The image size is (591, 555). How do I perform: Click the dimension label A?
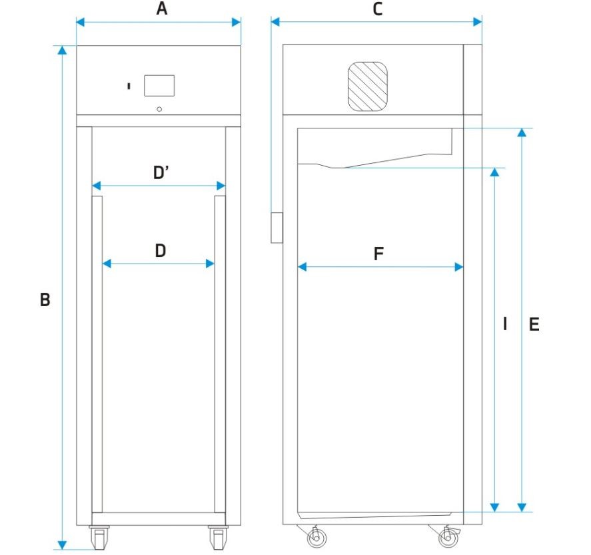tap(162, 8)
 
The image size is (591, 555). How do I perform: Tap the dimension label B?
tap(45, 299)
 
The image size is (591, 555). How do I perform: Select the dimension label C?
tap(377, 9)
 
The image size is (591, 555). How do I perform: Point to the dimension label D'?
tap(161, 172)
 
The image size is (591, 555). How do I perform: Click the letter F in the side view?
tap(378, 254)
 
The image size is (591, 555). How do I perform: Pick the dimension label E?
tap(534, 324)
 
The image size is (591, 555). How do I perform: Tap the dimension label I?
tap(505, 323)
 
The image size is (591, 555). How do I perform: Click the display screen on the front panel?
tap(159, 85)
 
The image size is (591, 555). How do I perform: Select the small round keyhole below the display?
tap(159, 109)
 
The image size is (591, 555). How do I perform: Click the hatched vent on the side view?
tap(368, 87)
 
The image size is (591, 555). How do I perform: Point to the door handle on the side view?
tap(277, 228)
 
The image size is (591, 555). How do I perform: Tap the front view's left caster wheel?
tap(99, 538)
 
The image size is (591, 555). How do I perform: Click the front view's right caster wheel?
tap(219, 538)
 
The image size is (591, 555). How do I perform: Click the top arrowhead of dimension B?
tap(62, 50)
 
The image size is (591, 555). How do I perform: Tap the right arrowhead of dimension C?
tap(478, 22)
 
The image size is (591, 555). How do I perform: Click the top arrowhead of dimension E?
tap(522, 132)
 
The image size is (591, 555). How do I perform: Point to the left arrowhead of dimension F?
tap(302, 267)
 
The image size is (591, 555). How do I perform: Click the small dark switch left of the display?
tap(129, 87)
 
